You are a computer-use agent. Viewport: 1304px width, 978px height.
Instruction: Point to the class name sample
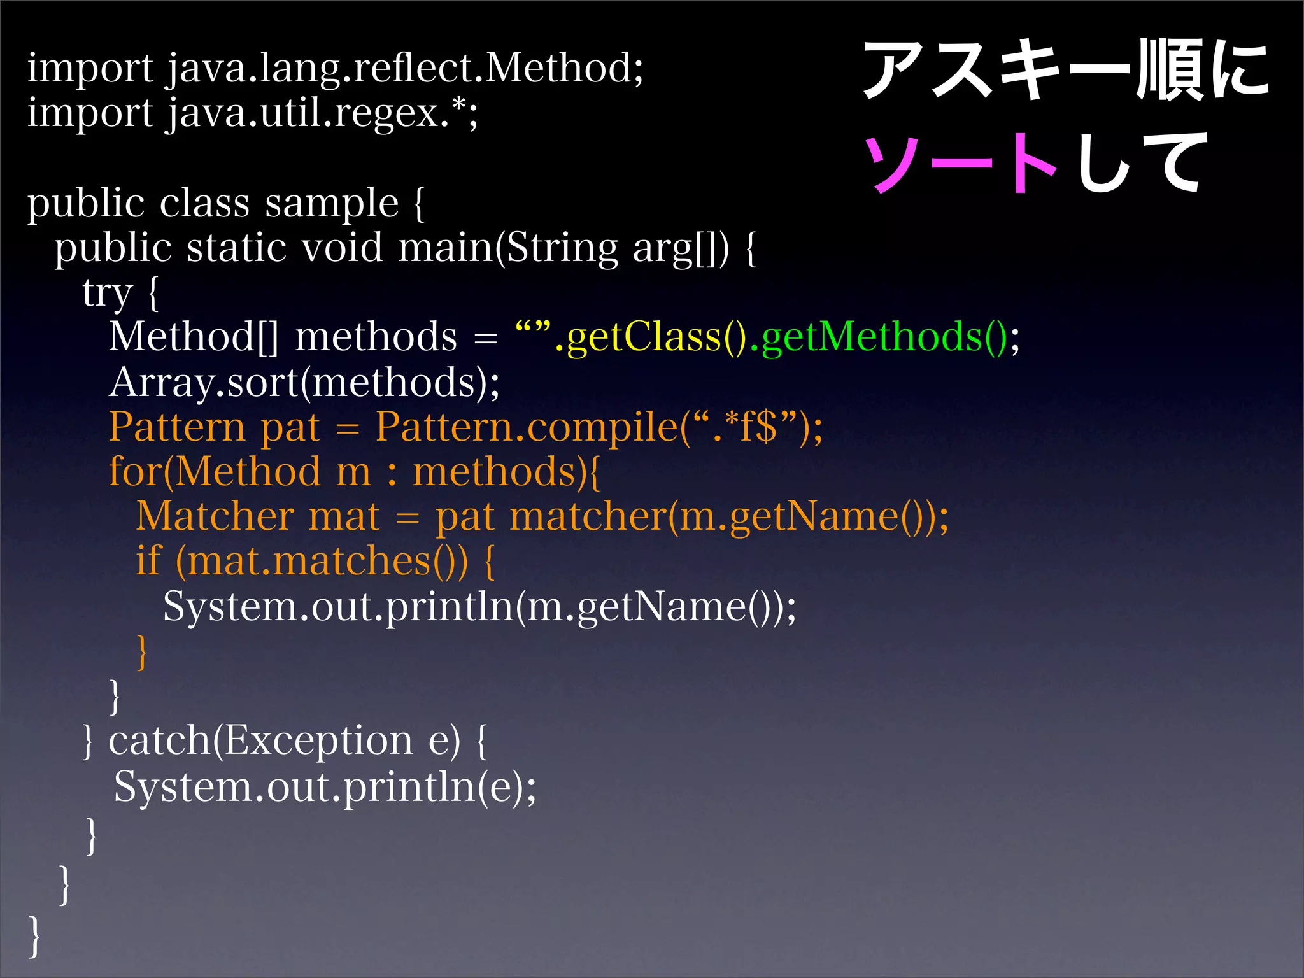coord(331,203)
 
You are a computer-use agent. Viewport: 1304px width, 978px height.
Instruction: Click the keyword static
coord(236,248)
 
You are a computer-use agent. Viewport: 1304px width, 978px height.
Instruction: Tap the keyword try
coord(107,293)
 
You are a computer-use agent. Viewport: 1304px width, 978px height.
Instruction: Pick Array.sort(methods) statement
coord(304,382)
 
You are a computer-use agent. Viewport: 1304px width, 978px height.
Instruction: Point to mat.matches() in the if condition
coord(322,562)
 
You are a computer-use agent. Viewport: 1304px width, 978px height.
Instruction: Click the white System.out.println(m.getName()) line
coord(479,606)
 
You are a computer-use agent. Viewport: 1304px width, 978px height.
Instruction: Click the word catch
coord(159,741)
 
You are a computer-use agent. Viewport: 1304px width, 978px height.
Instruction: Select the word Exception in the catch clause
coord(318,741)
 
